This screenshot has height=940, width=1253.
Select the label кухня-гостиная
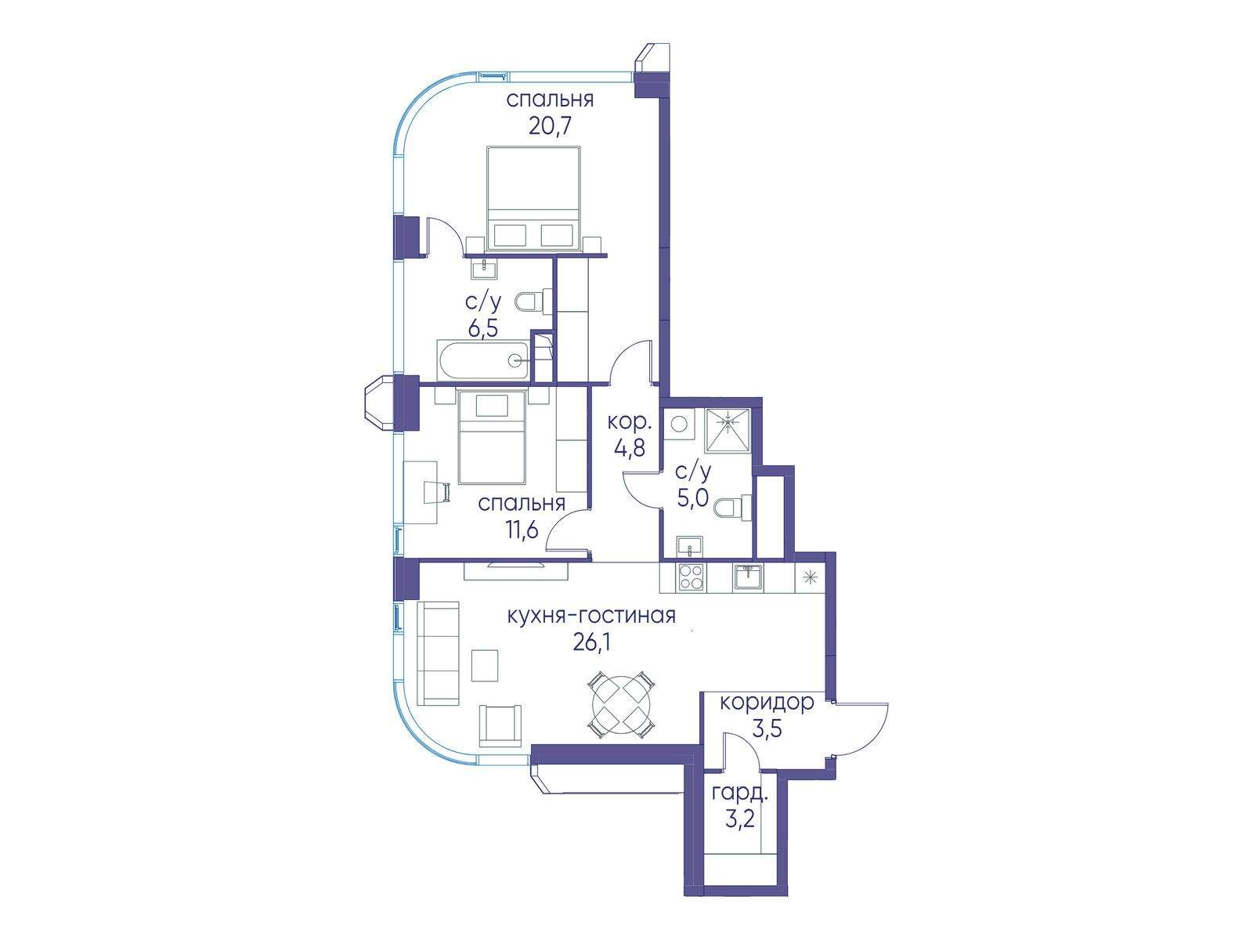[x=591, y=616]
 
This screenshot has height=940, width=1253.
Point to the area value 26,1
[x=590, y=643]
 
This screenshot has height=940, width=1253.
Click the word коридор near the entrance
[x=766, y=703]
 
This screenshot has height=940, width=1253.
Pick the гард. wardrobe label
[x=739, y=794]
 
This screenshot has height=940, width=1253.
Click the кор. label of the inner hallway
[x=629, y=422]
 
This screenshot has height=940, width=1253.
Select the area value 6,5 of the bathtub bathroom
[x=483, y=328]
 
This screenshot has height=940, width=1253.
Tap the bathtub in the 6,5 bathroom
[x=484, y=360]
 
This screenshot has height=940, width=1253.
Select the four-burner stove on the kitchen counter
[x=690, y=577]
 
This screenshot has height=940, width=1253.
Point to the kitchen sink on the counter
[x=749, y=577]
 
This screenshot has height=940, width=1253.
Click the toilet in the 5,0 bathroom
[x=733, y=507]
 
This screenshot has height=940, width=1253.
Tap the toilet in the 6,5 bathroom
[x=533, y=302]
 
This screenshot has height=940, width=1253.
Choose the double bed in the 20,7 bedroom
[x=533, y=197]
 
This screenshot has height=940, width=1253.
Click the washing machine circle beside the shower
[x=679, y=424]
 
